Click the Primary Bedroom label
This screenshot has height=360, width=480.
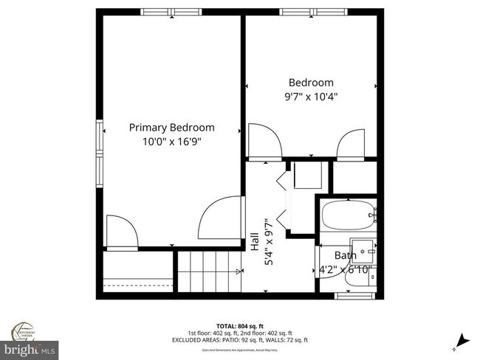(x=171, y=127)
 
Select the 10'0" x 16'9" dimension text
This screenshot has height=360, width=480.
(x=171, y=141)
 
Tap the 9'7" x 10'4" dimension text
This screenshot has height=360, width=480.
(x=311, y=96)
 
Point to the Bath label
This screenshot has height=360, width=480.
(x=345, y=255)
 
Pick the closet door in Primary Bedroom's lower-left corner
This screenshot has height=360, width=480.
(x=120, y=232)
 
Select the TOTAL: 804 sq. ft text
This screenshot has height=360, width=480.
(x=236, y=325)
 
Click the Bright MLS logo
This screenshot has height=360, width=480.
(x=30, y=347)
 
